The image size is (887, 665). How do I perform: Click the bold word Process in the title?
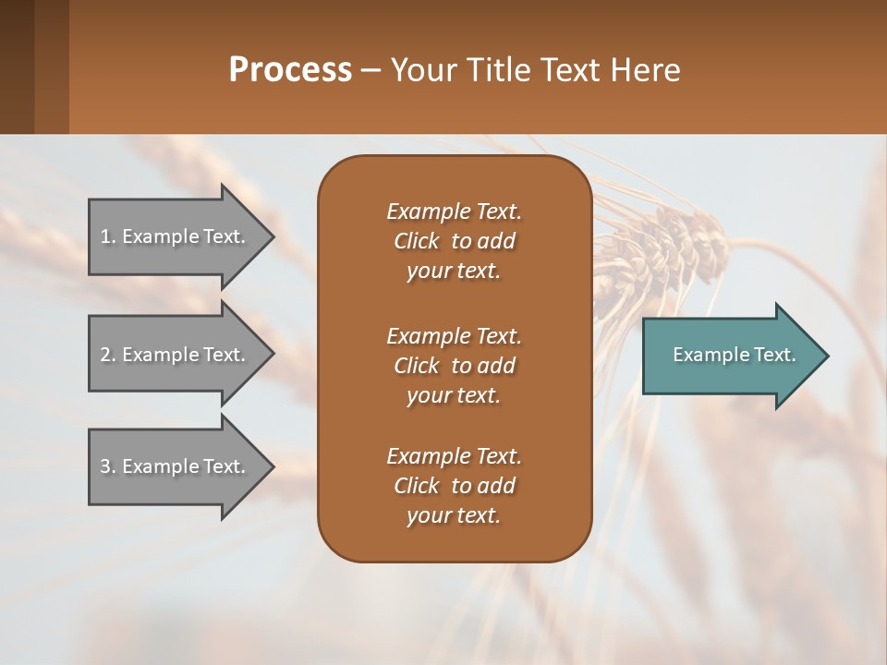pyautogui.click(x=290, y=70)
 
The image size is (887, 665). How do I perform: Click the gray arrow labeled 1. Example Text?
pyautogui.click(x=176, y=236)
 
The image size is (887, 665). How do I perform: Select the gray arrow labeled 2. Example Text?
pyautogui.click(x=176, y=355)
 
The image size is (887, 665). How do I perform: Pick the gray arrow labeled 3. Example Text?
pyautogui.click(x=176, y=466)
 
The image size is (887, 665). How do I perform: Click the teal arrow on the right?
pyautogui.click(x=730, y=355)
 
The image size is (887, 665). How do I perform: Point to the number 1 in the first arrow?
pyautogui.click(x=105, y=236)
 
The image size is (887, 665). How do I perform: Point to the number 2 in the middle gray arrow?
pyautogui.click(x=105, y=355)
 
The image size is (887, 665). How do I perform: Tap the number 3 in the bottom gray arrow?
pyautogui.click(x=105, y=466)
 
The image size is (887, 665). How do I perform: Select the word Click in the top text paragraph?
pyautogui.click(x=417, y=241)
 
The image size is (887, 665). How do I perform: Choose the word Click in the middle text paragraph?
pyautogui.click(x=417, y=366)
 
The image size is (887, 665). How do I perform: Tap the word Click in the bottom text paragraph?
pyautogui.click(x=417, y=486)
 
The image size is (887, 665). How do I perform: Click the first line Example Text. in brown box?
pyautogui.click(x=454, y=212)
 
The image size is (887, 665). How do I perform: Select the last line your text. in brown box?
pyautogui.click(x=454, y=516)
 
